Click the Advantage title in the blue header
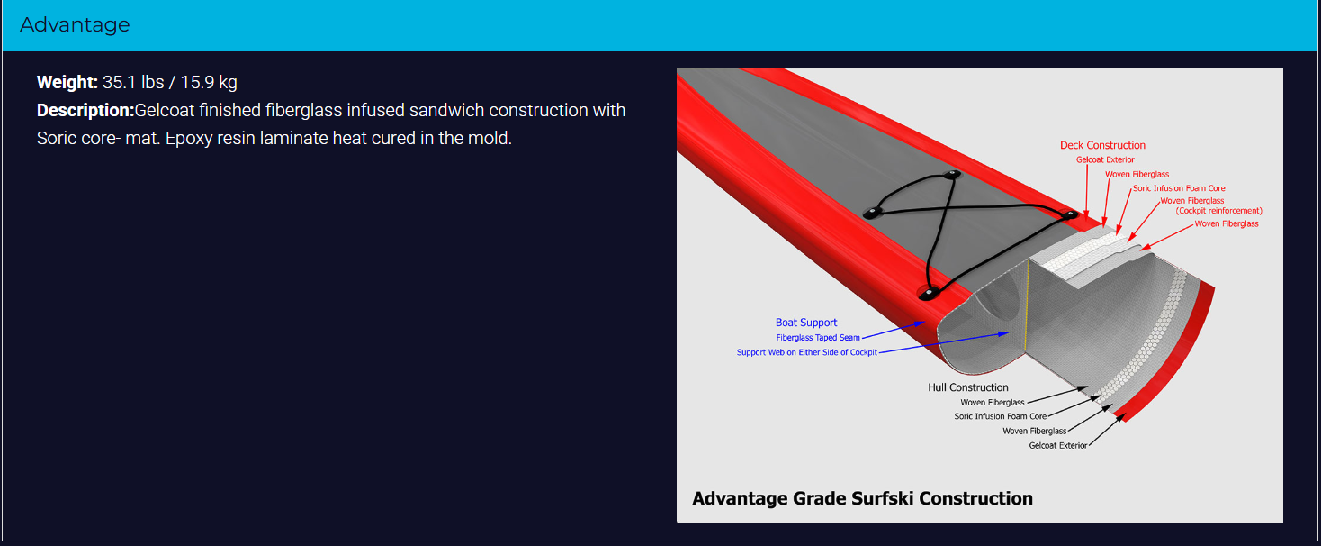coord(75,25)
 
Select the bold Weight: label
coord(67,82)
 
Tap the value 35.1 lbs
coord(133,82)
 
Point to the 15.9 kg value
coord(209,82)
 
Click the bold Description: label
coord(85,111)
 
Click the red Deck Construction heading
coord(1102,145)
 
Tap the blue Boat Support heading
coord(806,323)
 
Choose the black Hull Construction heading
coord(967,387)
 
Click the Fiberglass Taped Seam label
coord(817,338)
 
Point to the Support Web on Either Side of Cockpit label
coord(807,352)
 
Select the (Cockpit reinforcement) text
coord(1219,211)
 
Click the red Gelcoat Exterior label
coord(1105,160)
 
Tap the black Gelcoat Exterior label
coord(1058,446)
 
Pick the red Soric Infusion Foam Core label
coord(1179,188)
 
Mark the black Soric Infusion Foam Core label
coord(1000,416)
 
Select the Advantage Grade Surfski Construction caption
coord(862,498)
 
